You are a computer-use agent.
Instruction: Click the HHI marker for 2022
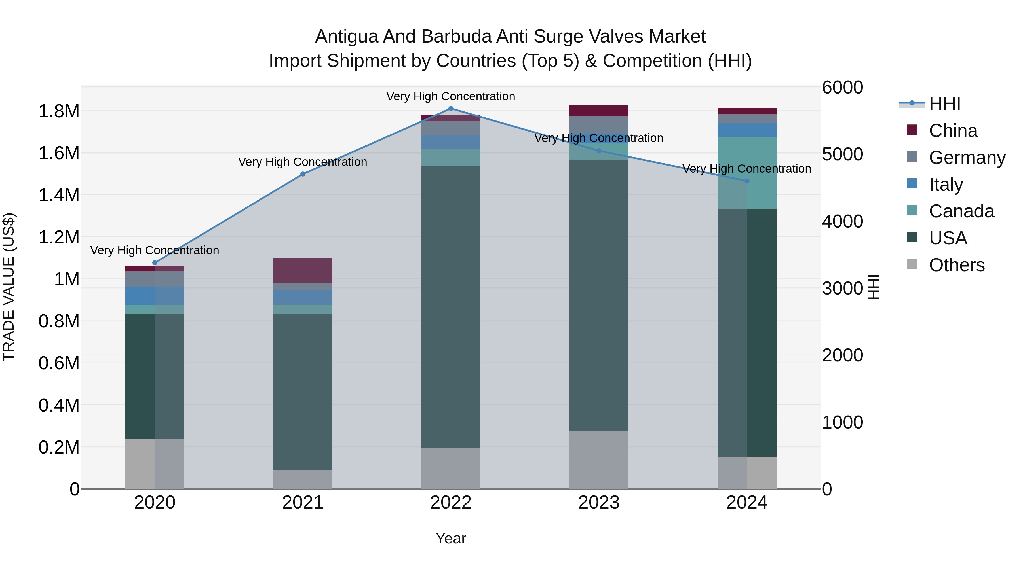click(451, 109)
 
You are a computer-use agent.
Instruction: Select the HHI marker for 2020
click(155, 263)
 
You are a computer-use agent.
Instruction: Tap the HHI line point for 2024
click(747, 181)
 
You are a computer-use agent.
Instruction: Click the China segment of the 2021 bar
click(303, 270)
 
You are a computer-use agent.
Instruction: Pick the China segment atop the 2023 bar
click(599, 111)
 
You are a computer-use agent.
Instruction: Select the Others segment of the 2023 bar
click(599, 459)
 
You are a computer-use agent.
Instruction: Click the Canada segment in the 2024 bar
click(747, 172)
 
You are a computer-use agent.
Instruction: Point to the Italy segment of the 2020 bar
click(155, 296)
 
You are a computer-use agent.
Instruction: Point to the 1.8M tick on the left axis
click(59, 111)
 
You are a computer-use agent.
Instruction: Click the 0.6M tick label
click(59, 363)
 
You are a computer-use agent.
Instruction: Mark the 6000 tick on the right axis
click(842, 88)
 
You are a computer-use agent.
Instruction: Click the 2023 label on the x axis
click(599, 503)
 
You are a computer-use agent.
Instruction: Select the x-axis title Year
click(451, 538)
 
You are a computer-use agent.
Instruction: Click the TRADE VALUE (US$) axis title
click(9, 287)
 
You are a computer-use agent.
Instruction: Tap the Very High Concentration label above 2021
click(303, 162)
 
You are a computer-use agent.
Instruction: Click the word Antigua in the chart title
click(346, 37)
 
